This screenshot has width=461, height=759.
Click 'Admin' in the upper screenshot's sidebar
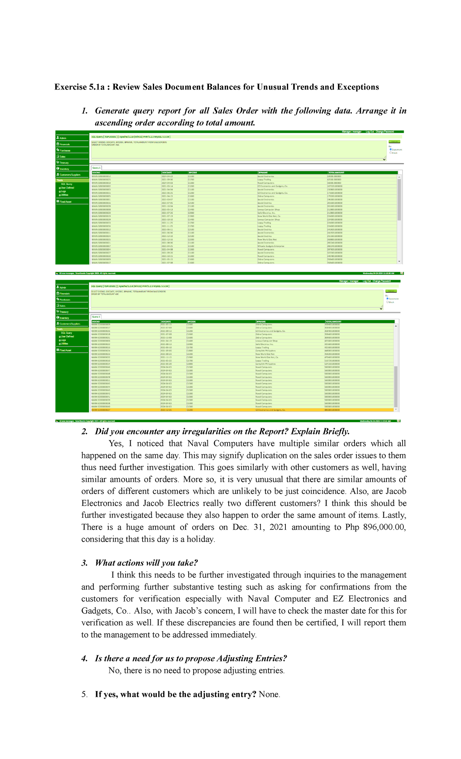tap(63, 138)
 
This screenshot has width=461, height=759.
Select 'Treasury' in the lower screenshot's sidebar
tap(64, 312)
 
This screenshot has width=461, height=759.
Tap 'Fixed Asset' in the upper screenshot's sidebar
tap(65, 202)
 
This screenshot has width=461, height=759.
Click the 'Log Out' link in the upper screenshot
tap(370, 132)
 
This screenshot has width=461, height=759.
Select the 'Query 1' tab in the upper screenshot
tap(96, 168)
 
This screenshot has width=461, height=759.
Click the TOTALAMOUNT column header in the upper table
tap(336, 173)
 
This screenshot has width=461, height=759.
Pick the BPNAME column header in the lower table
tap(261, 321)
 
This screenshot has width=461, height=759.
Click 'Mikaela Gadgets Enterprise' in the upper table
tap(270, 246)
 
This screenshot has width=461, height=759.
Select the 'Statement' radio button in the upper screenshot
tap(391, 149)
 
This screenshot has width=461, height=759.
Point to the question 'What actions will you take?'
tap(146, 563)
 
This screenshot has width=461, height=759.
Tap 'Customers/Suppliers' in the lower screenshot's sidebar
tap(70, 324)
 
